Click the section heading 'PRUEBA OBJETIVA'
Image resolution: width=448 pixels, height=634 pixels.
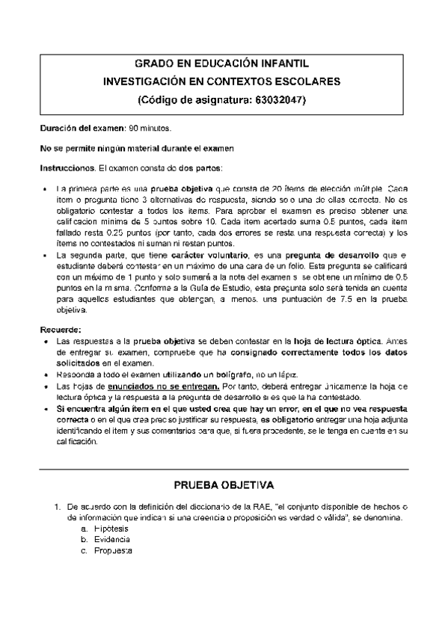pos(224,484)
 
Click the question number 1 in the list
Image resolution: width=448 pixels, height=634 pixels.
pos(56,506)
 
